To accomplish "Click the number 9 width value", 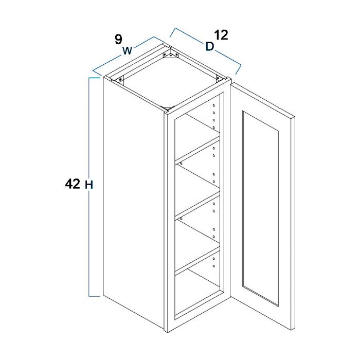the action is [118, 40].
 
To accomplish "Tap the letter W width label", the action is [128, 50].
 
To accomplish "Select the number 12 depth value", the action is [221, 35].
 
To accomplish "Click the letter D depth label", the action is [210, 46].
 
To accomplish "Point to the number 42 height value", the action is [73, 184].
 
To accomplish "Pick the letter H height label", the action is [89, 185].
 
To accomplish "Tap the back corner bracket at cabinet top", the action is [170, 54].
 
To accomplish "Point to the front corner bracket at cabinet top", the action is [167, 107].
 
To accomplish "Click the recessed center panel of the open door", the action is [260, 208].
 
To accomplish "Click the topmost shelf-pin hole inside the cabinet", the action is [214, 105].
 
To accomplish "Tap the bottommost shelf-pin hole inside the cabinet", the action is [214, 266].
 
